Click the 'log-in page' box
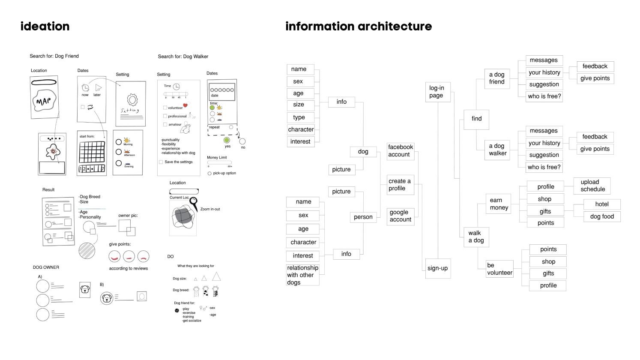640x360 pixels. pos(438,92)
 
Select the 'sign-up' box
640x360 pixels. pos(438,268)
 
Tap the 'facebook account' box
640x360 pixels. pos(401,151)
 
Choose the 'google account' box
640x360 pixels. pos(401,216)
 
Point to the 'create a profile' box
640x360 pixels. pos(400,185)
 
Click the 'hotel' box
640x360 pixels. pos(601,204)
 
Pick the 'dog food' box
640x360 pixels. pos(601,216)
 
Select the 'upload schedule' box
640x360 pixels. pos(592,186)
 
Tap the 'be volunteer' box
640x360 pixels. pos(499,269)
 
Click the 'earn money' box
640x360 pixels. pos(499,204)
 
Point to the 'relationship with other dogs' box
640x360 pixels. pos(302,275)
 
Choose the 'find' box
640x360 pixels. pos(476,119)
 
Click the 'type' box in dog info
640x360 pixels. pos(299,117)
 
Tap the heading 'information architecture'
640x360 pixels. pos(359,27)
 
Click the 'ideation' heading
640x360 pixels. pos(45,27)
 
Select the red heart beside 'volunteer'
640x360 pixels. pos(185,105)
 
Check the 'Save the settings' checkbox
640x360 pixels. pos(161,162)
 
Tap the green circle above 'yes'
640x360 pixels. pos(227,140)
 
